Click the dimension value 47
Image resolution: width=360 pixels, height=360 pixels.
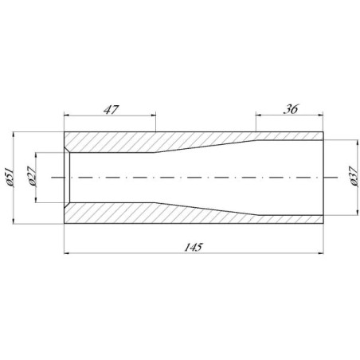112,110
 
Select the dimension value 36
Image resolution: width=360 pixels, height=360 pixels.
291,109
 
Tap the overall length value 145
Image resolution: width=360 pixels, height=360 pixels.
194,248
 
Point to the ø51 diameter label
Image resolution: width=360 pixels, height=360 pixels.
10,178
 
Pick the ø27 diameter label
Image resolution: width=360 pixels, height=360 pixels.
31,177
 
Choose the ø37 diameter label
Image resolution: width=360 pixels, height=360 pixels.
354,177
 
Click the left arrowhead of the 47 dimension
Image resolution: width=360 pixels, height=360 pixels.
66,115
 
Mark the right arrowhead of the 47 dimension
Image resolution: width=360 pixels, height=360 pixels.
153,115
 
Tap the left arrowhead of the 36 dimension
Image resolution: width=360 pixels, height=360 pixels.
258,115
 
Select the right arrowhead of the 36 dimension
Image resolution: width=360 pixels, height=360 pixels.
321,115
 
